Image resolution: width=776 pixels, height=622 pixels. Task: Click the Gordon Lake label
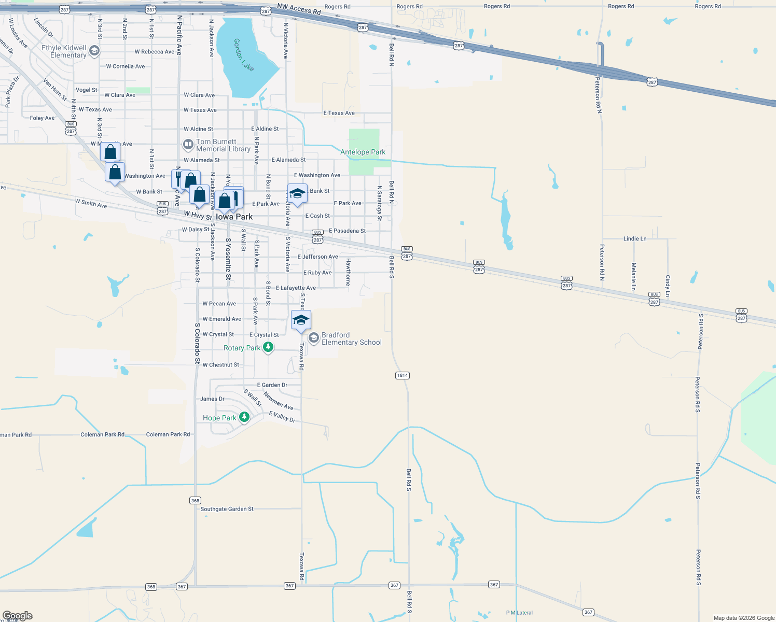[x=244, y=54]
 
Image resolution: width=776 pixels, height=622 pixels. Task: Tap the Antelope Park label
[x=363, y=152]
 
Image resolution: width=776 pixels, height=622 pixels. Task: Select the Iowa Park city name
[x=234, y=217]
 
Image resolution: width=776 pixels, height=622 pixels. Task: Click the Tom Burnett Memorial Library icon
[x=188, y=145]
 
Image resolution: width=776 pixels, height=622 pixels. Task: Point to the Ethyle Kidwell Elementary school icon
[x=94, y=51]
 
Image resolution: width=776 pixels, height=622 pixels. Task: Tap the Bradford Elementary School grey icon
[x=313, y=338]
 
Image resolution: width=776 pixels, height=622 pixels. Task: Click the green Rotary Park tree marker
[x=268, y=347]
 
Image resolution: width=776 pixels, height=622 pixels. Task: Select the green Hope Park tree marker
[x=244, y=417]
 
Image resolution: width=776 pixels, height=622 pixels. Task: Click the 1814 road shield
[x=403, y=375]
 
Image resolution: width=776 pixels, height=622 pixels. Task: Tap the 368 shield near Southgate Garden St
[x=195, y=500]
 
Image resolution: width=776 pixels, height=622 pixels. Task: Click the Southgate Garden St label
[x=227, y=509]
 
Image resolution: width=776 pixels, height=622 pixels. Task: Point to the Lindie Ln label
[x=635, y=238]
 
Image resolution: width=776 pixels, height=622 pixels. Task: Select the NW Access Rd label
[x=299, y=9]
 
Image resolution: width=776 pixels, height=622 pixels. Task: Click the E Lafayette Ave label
[x=296, y=288]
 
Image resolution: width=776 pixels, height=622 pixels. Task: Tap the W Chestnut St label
[x=221, y=365]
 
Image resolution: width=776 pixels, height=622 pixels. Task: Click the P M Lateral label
[x=519, y=613]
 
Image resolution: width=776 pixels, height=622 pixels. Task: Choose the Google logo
[x=18, y=616]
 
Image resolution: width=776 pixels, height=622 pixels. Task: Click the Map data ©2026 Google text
[x=744, y=618]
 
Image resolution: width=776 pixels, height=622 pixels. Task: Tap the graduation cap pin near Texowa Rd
[x=301, y=320]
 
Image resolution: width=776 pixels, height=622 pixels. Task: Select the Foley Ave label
[x=42, y=118]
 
